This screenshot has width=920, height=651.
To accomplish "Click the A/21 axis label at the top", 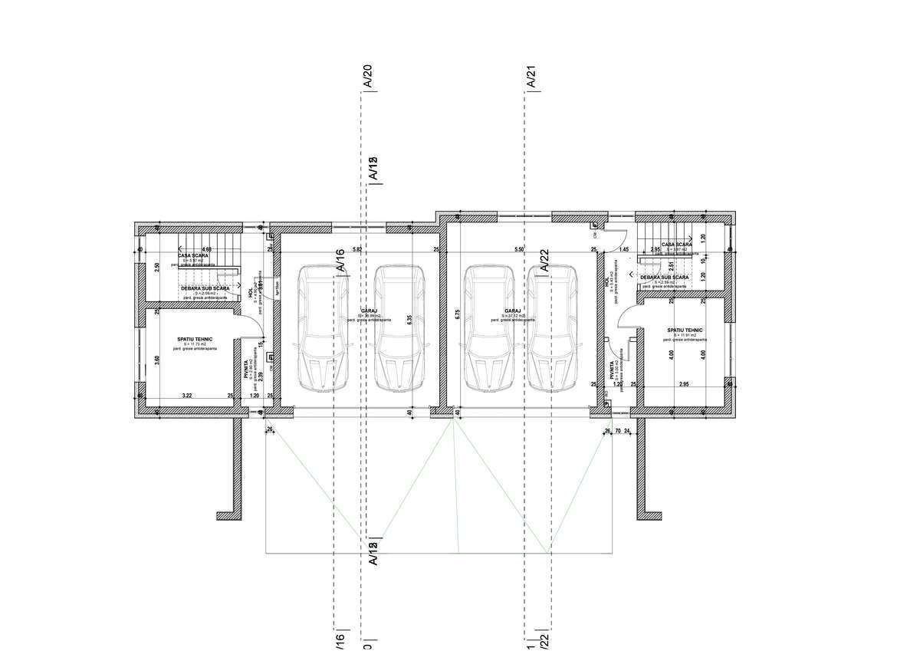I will point(530,78).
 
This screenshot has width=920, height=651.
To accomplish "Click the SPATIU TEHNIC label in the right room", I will point(685,330).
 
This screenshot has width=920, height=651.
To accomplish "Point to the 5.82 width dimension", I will point(356,250).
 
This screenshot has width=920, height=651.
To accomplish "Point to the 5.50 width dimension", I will point(518,250).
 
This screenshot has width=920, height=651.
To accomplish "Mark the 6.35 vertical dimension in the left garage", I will point(410,320).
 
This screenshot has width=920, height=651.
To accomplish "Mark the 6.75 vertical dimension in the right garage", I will point(457,313).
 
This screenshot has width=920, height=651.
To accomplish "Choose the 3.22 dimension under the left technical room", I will point(186,396).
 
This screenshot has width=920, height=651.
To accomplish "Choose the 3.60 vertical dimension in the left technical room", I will point(157,359).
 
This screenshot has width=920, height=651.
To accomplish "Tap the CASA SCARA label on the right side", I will point(677,245).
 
